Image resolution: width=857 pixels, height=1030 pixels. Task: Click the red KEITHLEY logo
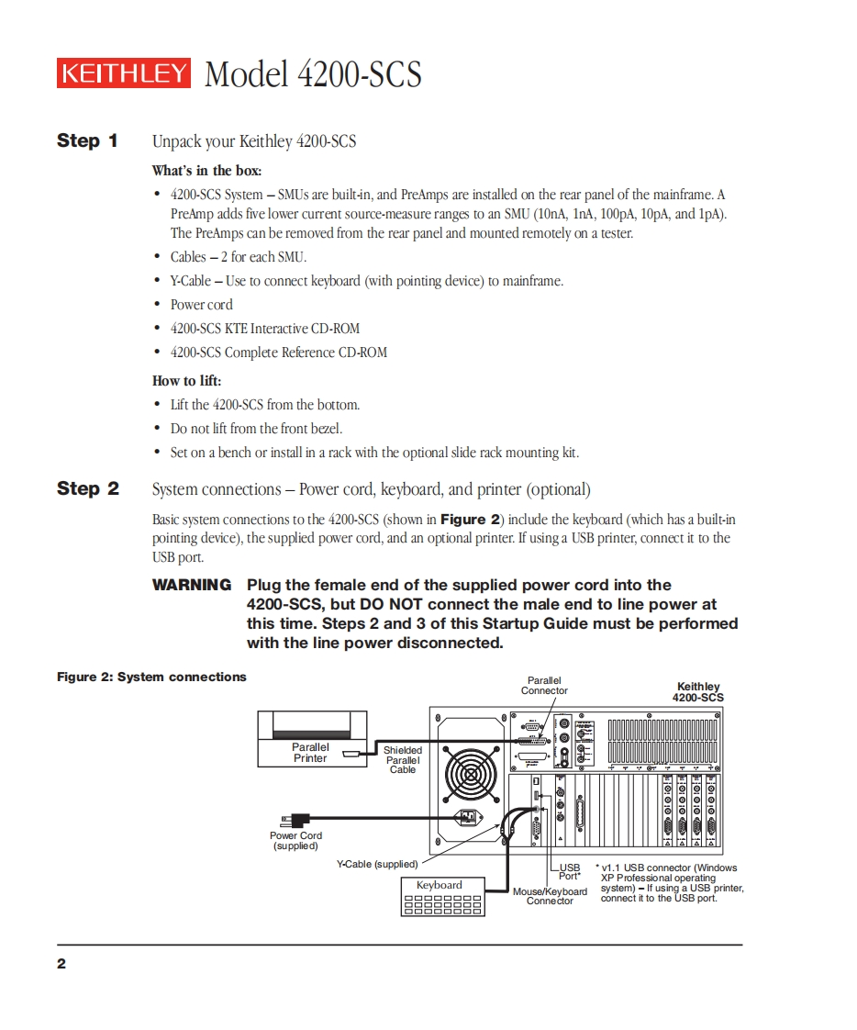point(124,73)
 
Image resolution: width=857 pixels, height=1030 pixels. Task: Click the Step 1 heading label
point(87,140)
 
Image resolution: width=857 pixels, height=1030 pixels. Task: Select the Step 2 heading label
point(88,488)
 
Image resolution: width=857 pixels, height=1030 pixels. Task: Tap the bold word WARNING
point(192,585)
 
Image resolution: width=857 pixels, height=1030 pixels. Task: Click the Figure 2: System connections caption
point(151,677)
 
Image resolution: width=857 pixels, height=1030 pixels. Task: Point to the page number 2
point(61,964)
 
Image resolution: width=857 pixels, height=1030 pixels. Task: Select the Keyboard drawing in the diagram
point(440,897)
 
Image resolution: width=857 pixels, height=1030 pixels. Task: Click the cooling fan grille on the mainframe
point(471,774)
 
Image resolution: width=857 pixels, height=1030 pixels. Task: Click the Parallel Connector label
point(544,686)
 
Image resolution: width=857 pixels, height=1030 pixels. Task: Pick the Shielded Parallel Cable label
point(403,760)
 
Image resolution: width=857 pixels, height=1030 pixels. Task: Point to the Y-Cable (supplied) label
point(377,864)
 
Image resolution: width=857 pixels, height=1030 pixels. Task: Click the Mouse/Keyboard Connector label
point(550,896)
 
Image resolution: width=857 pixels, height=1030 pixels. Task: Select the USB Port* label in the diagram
point(570,871)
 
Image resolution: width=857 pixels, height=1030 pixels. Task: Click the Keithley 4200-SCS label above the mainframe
point(698,692)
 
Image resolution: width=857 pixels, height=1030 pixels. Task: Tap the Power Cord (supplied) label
point(295,841)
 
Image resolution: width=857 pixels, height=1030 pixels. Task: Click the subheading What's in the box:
point(206,171)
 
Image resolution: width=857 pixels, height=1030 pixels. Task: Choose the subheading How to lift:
point(186,381)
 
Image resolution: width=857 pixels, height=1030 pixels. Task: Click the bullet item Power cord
point(201,305)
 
